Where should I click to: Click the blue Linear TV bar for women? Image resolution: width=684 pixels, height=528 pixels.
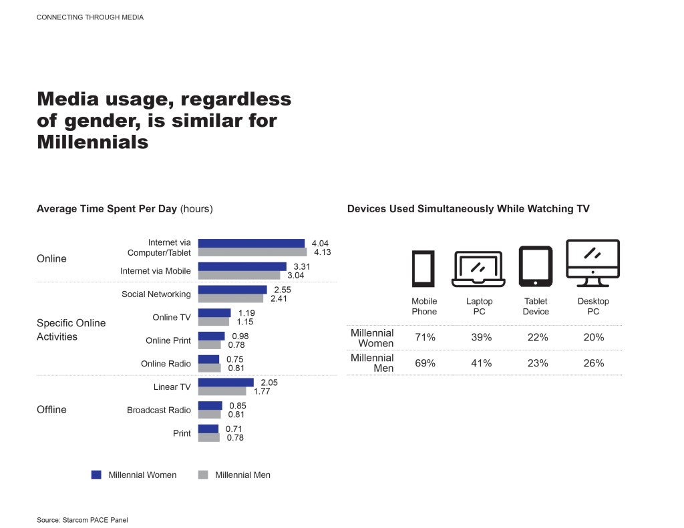click(226, 382)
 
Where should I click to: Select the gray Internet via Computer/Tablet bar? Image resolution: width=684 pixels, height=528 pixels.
click(252, 252)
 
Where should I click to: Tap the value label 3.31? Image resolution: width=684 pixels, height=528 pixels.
click(303, 266)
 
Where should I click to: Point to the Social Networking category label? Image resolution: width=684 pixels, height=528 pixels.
click(156, 294)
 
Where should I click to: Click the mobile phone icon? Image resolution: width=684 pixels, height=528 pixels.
click(423, 268)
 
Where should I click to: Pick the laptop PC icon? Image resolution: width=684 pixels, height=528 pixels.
click(479, 269)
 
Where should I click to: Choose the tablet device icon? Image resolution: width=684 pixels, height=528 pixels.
click(536, 266)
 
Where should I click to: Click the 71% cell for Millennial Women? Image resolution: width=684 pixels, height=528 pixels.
click(425, 338)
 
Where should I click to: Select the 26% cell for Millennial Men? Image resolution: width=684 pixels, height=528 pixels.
click(593, 363)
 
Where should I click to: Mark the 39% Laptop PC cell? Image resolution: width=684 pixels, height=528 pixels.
click(481, 338)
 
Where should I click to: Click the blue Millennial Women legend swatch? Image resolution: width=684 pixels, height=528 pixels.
click(96, 475)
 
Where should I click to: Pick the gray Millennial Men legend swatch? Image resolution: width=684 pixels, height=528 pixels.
click(203, 475)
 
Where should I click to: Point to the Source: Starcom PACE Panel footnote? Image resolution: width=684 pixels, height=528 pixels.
click(82, 519)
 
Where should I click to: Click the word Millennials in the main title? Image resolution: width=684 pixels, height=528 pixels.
click(93, 142)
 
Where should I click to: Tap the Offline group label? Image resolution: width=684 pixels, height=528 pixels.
click(51, 409)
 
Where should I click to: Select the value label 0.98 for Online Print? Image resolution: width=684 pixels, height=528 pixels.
click(240, 336)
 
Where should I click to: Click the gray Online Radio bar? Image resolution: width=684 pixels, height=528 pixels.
click(209, 368)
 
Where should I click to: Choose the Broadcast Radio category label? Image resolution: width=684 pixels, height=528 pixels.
click(159, 410)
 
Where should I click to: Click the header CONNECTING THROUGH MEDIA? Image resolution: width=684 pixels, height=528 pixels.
click(90, 17)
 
